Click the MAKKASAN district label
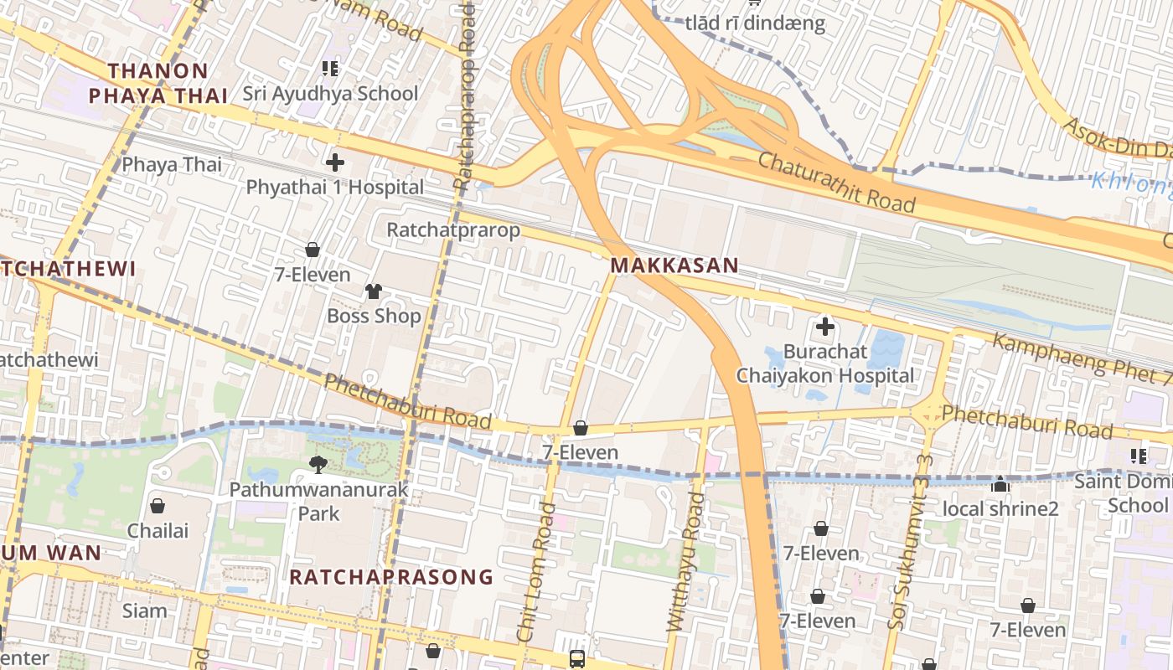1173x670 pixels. coord(674,266)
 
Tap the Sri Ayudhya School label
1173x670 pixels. coord(330,93)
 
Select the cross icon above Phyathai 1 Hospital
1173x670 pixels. coord(335,162)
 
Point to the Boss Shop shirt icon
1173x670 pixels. coord(374,291)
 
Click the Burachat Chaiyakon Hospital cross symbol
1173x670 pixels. coord(825,327)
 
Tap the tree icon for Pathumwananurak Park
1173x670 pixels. coord(318,465)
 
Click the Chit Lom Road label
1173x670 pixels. coord(536,572)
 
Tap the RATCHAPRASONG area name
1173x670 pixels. coord(391,577)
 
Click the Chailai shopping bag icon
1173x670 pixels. coord(158,506)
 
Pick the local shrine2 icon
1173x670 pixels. coord(1000,484)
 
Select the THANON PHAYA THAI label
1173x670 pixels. coord(158,83)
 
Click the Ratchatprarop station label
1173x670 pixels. coord(453,229)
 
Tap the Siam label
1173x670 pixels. coord(145,611)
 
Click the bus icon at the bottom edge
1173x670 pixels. coord(577,658)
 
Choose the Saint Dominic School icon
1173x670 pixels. coord(1138,456)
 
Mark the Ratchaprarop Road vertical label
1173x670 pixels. coord(464,96)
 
